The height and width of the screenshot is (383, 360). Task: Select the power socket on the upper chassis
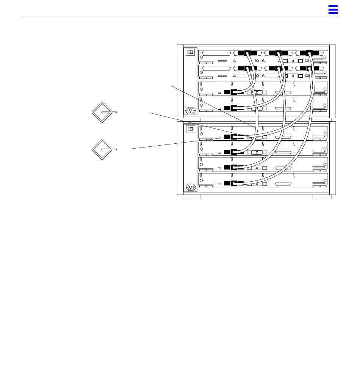[190, 111]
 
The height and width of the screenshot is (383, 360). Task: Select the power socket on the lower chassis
[190, 188]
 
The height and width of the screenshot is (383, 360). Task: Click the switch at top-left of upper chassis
[190, 53]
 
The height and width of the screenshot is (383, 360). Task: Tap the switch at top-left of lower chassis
[190, 129]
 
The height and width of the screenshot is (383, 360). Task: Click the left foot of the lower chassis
[191, 196]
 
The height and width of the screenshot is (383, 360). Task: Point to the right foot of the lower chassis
[322, 196]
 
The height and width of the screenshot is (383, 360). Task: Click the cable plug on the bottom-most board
[235, 184]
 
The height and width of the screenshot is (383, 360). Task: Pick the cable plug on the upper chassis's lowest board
[235, 108]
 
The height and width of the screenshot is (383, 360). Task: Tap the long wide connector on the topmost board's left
[216, 53]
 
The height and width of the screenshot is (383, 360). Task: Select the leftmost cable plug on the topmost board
[247, 53]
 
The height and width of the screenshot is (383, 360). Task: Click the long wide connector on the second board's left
[216, 69]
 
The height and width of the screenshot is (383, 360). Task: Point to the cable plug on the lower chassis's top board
[235, 136]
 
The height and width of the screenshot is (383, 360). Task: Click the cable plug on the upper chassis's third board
[235, 92]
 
